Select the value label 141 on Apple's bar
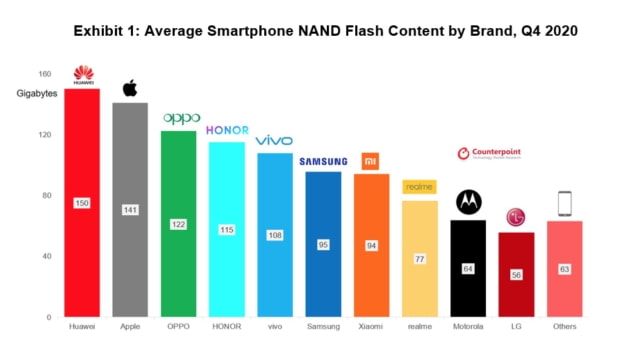(130, 210)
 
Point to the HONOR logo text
(226, 131)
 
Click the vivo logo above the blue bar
(274, 141)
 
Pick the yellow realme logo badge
(418, 187)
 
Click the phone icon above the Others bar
(565, 204)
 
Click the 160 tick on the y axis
(45, 73)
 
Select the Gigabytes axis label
(37, 93)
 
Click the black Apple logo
(130, 88)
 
